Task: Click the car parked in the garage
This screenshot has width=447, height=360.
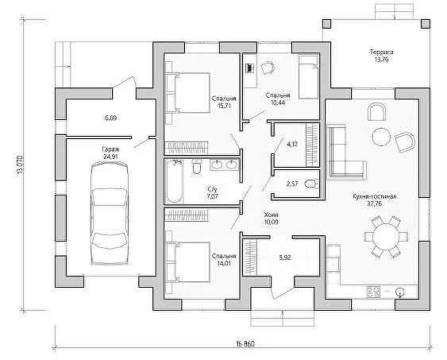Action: click(110, 213)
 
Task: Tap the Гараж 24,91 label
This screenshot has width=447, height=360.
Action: click(110, 153)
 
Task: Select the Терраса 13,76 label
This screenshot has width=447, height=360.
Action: click(382, 56)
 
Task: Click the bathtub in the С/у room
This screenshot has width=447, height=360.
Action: click(174, 181)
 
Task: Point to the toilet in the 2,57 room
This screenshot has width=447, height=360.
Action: click(311, 184)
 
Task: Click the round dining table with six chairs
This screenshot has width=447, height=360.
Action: click(387, 237)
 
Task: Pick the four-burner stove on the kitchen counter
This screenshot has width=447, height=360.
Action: click(373, 292)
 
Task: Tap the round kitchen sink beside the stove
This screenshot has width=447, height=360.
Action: click(400, 292)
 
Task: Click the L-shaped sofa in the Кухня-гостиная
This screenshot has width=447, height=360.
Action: click(345, 152)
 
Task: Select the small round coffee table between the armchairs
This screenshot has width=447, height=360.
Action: click(381, 137)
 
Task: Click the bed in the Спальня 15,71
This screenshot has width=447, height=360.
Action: click(188, 93)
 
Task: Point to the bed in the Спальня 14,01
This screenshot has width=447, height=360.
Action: click(188, 262)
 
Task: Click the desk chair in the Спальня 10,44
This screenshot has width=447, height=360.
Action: click(268, 68)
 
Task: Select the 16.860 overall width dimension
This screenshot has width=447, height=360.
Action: click(245, 344)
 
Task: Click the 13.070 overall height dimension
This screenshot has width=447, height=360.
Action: click(20, 165)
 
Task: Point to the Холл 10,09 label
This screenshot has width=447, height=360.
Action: click(271, 219)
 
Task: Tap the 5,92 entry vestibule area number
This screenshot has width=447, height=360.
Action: click(285, 257)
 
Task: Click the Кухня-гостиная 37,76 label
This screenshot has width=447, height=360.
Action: click(375, 200)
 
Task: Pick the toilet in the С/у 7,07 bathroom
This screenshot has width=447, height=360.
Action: click(197, 167)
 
